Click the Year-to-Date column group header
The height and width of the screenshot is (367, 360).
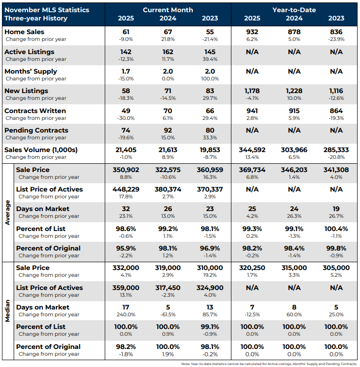294,9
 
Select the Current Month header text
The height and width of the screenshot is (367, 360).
168,9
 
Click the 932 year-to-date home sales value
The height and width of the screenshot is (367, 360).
252,32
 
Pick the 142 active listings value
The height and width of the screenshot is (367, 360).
126,52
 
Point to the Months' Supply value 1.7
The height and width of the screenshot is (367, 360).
126,71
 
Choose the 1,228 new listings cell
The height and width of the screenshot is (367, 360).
294,91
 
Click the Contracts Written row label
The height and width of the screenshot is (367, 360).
35,111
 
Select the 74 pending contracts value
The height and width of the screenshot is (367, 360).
126,130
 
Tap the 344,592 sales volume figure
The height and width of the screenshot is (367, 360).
252,150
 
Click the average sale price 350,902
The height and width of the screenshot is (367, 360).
126,170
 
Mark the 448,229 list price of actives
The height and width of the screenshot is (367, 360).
126,189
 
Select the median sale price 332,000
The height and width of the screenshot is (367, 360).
126,268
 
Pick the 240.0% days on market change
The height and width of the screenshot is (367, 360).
126,314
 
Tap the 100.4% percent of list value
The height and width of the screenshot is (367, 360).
336,229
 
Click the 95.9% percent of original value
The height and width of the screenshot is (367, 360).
126,248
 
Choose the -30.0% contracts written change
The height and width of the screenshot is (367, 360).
126,118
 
